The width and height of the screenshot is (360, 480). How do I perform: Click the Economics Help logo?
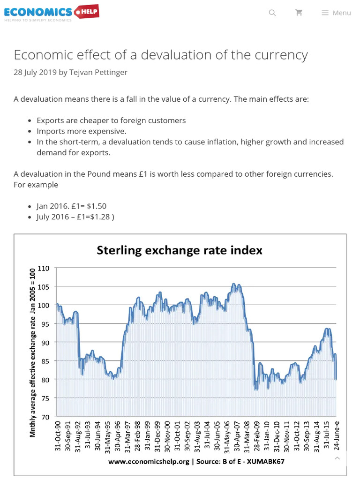click(52, 13)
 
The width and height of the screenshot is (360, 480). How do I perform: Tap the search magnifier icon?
click(272, 13)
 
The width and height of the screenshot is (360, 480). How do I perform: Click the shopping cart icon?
click(299, 13)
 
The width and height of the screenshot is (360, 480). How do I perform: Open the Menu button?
click(336, 13)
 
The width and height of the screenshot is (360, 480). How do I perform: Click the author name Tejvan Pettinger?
click(98, 72)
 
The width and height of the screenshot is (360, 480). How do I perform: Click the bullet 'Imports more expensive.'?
click(81, 131)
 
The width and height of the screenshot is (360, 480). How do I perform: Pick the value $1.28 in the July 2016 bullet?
click(100, 217)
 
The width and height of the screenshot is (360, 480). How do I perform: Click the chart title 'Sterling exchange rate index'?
click(179, 250)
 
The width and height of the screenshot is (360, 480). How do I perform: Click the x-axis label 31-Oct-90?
click(59, 435)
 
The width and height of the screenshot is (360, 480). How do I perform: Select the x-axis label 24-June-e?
click(336, 435)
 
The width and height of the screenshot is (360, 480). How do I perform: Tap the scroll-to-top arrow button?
click(337, 458)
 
